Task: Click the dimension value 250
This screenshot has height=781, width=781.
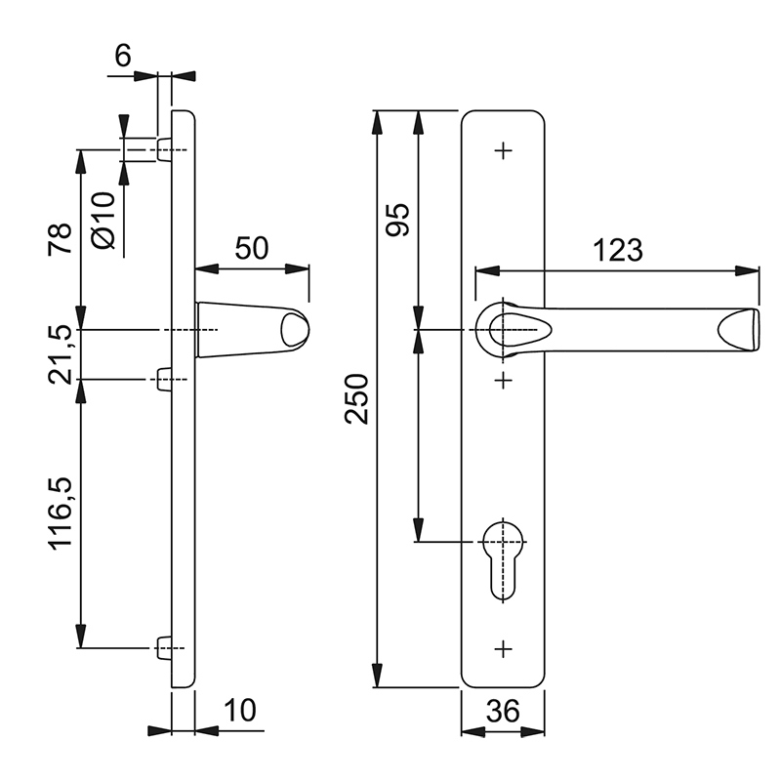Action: point(356,399)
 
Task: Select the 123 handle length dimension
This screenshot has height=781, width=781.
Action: point(618,250)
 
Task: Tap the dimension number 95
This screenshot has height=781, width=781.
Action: point(397,220)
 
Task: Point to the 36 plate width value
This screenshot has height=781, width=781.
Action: point(503,711)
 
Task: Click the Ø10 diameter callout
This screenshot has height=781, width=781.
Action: point(103,220)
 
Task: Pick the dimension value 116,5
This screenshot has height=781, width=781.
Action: point(61,514)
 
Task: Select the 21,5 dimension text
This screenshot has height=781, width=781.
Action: point(61,355)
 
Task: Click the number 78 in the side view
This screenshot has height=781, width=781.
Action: point(61,239)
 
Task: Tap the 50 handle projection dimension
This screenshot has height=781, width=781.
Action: point(252,248)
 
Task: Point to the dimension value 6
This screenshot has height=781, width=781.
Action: point(123,56)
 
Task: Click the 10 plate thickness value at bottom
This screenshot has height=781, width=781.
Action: point(240,710)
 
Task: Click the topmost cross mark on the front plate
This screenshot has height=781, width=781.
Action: point(503,150)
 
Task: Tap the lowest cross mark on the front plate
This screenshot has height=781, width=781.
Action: point(503,649)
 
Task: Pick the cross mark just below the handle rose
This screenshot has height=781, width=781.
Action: point(503,380)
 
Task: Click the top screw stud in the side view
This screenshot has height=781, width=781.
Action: point(164,150)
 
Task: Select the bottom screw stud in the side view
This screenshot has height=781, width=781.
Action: point(164,648)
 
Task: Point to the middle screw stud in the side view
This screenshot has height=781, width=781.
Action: point(164,380)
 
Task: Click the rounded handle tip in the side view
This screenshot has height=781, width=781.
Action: point(295,330)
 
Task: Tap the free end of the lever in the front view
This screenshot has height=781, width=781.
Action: point(739,330)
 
